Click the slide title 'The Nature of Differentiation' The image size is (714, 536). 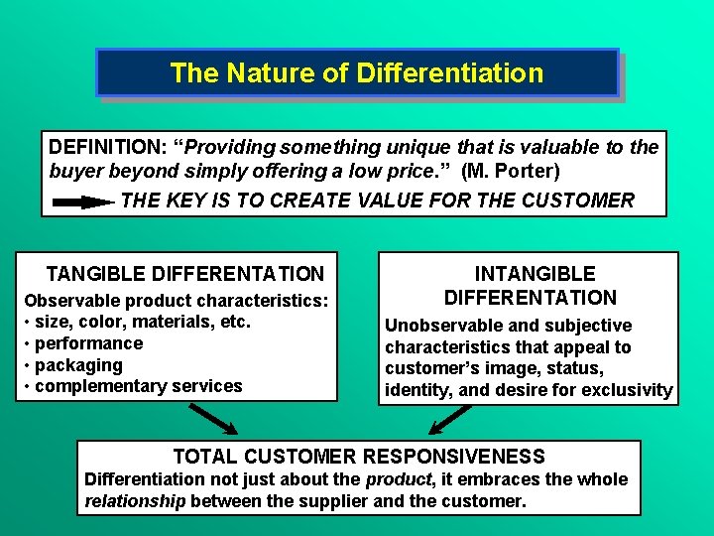(x=356, y=73)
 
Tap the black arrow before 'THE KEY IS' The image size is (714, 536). (x=83, y=201)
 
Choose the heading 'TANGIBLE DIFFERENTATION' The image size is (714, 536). (x=185, y=273)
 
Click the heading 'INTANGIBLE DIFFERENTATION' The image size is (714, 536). (x=531, y=285)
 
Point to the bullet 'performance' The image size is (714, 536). (x=88, y=343)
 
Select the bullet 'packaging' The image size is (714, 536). (x=78, y=364)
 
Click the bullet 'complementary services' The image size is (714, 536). (x=138, y=386)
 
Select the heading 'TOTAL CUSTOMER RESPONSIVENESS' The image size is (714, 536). (x=359, y=457)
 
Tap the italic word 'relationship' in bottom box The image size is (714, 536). (x=135, y=501)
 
